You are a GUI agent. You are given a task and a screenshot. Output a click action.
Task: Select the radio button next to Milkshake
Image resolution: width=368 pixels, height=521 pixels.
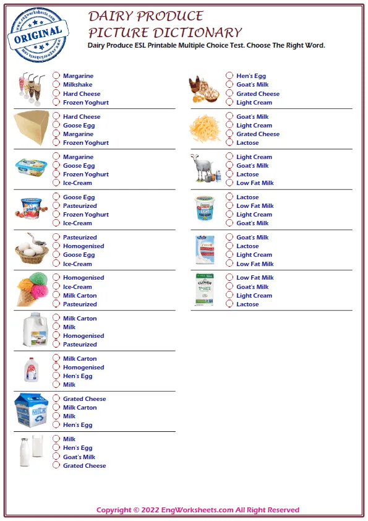(x=56, y=85)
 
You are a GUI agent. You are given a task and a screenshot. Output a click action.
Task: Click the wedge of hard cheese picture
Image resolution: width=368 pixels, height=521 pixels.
(x=32, y=128)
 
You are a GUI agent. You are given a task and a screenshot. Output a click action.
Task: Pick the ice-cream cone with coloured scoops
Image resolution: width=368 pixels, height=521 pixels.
(x=32, y=290)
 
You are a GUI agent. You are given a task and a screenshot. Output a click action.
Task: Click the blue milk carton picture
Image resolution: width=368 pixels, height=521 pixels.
(x=32, y=410)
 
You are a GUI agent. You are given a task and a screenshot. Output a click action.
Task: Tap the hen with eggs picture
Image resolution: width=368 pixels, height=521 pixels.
(x=204, y=88)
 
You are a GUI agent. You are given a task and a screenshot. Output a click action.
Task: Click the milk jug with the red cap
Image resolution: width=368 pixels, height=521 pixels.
(x=32, y=369)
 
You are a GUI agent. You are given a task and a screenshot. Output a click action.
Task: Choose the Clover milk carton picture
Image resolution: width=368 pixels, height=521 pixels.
(x=205, y=289)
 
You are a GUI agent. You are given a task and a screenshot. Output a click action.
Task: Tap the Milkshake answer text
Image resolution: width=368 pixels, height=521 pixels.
(x=77, y=85)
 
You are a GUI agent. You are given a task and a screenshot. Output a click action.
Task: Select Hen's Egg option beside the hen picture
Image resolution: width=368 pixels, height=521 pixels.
(x=229, y=76)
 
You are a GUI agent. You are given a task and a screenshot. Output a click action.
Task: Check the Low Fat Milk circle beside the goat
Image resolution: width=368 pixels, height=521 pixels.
(x=229, y=183)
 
